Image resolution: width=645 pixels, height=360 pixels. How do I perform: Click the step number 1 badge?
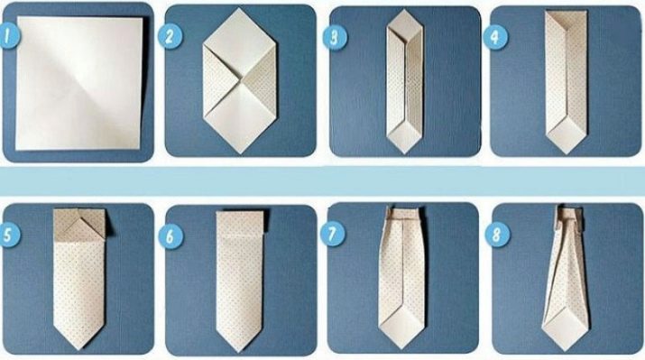(8, 36)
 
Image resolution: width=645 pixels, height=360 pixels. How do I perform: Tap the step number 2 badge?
(170, 36)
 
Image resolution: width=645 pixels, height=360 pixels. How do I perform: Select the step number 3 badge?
(334, 37)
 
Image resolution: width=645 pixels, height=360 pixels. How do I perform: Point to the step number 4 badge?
(495, 37)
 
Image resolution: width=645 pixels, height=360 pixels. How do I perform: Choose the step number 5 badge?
(8, 235)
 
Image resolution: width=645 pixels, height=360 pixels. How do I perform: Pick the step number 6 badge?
(170, 236)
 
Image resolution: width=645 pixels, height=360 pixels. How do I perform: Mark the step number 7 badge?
(332, 234)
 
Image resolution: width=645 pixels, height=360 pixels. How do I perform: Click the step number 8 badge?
(497, 235)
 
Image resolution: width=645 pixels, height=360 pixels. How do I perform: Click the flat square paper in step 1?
(79, 84)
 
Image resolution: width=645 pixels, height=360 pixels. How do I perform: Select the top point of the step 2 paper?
(240, 9)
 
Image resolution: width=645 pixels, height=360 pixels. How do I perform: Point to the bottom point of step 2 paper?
(241, 154)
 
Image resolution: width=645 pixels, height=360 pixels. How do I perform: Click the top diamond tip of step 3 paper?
(405, 10)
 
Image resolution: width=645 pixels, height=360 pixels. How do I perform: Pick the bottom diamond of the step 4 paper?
(567, 135)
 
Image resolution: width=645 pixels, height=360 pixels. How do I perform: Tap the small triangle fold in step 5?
(79, 229)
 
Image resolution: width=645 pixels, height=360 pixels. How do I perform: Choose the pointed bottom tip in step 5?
(79, 350)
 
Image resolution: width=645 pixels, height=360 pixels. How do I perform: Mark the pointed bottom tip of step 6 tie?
(239, 352)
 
